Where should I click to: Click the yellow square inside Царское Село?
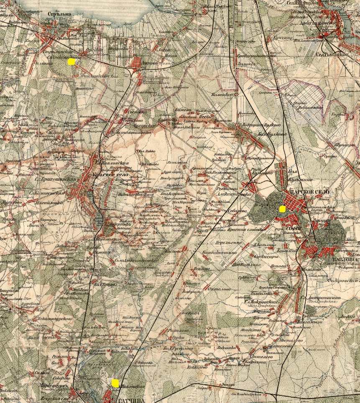[282, 208]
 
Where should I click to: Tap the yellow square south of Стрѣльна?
[71, 62]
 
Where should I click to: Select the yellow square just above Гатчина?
[115, 382]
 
